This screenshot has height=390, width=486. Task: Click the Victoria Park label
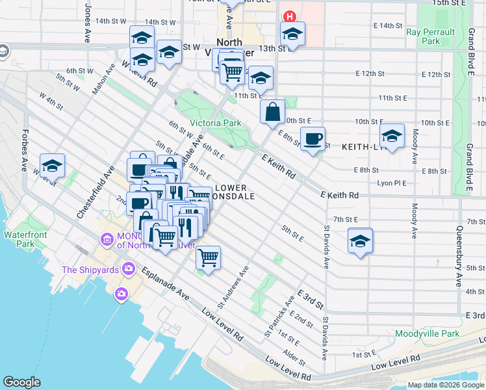coord(215,123)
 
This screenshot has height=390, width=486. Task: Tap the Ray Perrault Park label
coord(422,36)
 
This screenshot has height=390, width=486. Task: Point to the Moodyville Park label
coord(427,333)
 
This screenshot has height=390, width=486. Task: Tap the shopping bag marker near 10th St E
coord(272,112)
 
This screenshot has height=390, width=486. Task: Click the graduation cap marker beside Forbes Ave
coord(52,166)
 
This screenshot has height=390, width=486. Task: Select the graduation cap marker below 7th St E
coord(360,241)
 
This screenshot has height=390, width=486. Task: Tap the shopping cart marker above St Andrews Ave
coord(208,258)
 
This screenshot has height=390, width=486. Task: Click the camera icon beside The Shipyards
coord(129,268)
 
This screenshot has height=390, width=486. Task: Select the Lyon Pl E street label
coord(392,183)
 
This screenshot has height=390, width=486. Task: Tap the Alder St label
coord(294,355)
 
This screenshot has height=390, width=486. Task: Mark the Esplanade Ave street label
coord(165,284)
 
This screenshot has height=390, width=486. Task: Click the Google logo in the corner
coord(21,382)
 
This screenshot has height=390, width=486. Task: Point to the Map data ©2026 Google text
coord(446,385)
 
